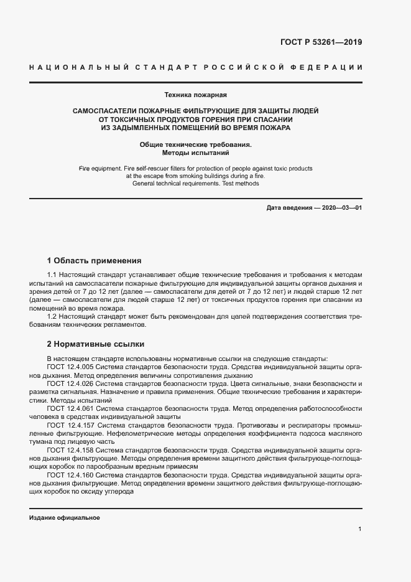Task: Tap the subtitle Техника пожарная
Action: [195, 95]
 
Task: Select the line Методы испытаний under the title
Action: [195, 152]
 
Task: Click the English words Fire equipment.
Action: [99, 169]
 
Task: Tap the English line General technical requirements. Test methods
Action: [195, 184]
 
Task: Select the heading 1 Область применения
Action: [95, 261]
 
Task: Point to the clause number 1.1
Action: [52, 275]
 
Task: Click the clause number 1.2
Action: [52, 317]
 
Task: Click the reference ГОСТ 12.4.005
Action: [70, 367]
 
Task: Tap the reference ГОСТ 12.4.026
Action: [70, 384]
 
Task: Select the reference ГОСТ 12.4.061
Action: [70, 409]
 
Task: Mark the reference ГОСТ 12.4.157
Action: [70, 425]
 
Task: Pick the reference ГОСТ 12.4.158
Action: [70, 449]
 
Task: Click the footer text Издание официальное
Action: [64, 518]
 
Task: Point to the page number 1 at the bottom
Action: [360, 528]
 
